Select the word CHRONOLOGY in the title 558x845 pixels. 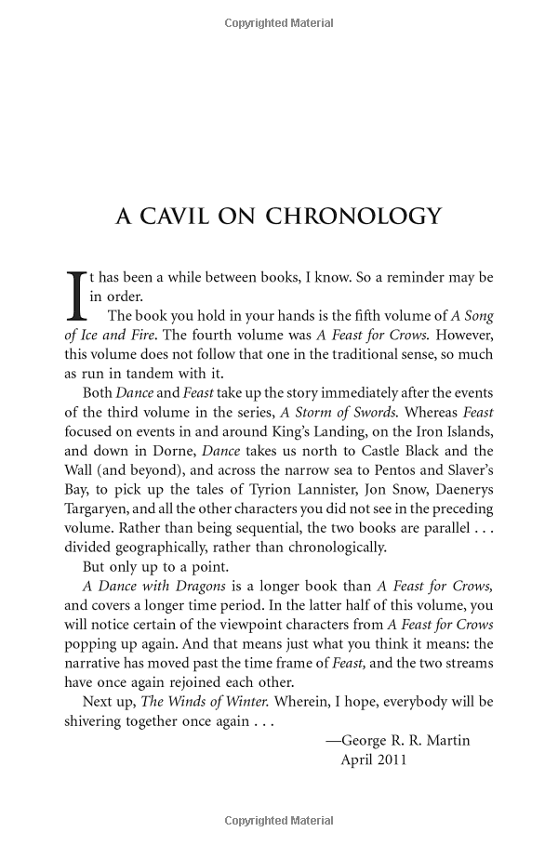(x=354, y=217)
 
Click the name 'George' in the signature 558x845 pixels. (x=366, y=741)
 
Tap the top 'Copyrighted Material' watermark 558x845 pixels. (x=279, y=20)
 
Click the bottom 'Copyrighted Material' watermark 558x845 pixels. (x=279, y=821)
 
